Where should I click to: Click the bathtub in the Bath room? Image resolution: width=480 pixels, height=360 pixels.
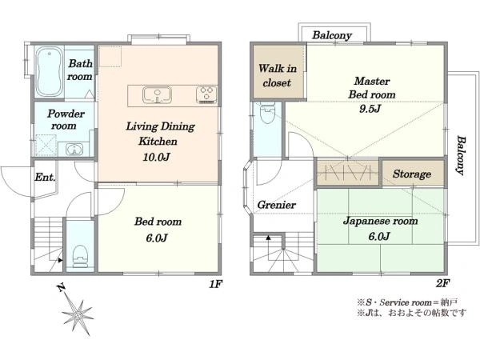(49, 72)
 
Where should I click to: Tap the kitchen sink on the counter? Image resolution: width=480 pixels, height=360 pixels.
(157, 95)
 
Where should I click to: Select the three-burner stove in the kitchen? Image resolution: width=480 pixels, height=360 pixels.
(206, 94)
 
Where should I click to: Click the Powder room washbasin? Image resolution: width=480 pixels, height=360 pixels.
(74, 150)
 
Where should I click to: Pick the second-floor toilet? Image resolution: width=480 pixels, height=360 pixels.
(267, 113)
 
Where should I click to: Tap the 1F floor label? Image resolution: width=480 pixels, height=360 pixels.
(215, 284)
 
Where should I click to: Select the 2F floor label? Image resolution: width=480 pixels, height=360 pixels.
(442, 284)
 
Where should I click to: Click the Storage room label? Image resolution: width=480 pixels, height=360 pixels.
(412, 174)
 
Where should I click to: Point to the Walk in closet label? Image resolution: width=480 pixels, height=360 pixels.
(278, 75)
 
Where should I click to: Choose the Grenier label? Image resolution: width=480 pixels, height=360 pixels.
(277, 205)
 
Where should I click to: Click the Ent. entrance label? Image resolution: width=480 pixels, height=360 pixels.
(45, 178)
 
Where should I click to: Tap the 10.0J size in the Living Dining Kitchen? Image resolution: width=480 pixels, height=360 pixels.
(156, 157)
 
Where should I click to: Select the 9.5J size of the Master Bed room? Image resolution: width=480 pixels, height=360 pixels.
(370, 108)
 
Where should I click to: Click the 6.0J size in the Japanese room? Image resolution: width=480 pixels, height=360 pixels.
(379, 236)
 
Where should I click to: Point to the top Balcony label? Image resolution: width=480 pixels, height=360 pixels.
(332, 35)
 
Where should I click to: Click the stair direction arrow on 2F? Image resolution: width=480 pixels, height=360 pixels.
(269, 238)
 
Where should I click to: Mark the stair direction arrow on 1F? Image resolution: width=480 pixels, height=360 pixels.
(60, 260)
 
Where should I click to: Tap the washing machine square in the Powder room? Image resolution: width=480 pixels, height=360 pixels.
(46, 146)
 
